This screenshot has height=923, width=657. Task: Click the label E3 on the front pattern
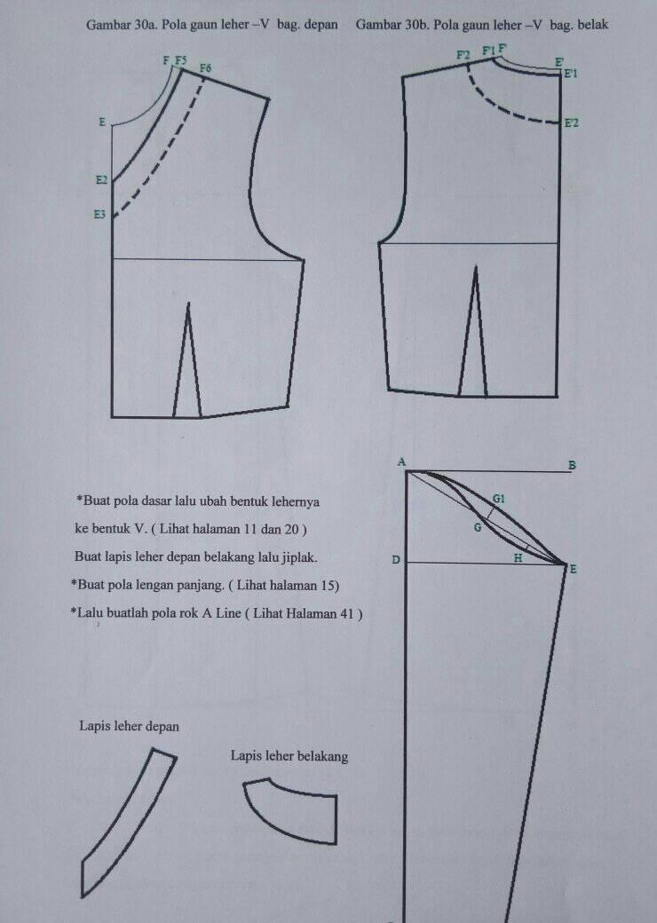click(99, 215)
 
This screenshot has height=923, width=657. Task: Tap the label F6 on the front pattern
click(205, 68)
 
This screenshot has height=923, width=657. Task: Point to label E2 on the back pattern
click(571, 123)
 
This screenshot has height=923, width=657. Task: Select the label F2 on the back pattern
click(463, 55)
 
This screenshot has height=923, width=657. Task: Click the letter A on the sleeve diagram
click(401, 462)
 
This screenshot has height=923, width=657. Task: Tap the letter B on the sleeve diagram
click(572, 465)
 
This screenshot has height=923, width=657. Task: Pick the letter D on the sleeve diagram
click(396, 560)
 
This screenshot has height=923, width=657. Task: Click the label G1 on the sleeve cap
click(498, 499)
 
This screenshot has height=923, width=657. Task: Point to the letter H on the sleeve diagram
click(518, 558)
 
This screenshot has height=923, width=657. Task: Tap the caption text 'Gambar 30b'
click(392, 26)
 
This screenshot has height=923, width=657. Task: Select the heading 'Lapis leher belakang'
click(289, 756)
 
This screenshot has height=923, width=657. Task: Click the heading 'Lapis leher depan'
click(129, 726)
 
